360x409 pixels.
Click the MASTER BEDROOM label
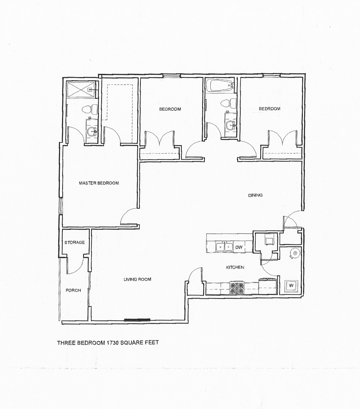99,183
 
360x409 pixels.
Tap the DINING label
255,195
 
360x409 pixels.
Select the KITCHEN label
235,267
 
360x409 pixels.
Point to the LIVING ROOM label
137,279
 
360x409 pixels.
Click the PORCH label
73,290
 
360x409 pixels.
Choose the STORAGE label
75,242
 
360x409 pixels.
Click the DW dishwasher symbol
239,247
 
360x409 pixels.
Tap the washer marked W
291,286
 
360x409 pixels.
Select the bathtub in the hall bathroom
220,86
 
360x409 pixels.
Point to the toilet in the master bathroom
90,109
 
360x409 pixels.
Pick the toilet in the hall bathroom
229,103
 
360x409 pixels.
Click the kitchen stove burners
237,288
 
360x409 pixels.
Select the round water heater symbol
295,253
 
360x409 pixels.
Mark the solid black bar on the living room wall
137,320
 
